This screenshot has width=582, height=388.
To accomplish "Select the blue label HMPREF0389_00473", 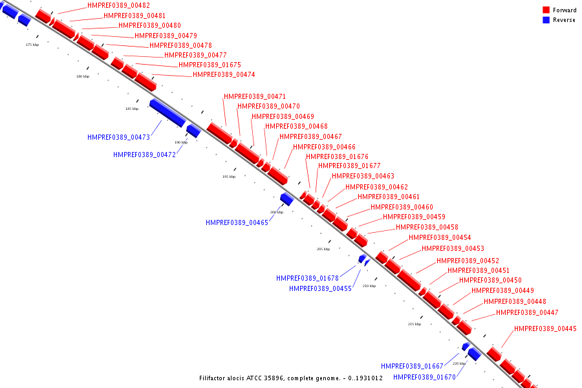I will tap(118, 137).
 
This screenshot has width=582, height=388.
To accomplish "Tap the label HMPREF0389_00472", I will tap(144, 155).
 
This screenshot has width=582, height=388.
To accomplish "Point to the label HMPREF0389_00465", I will tap(237, 222).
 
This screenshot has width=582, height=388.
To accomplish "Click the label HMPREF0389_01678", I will tap(307, 278).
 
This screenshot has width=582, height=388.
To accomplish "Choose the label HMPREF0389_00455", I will tap(320, 288).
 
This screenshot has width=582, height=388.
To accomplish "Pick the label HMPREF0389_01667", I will tap(412, 366).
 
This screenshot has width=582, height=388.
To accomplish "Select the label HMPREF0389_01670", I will tap(424, 377).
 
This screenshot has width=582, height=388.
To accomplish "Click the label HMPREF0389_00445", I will tap(545, 329).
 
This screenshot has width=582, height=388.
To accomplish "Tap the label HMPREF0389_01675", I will tap(210, 65).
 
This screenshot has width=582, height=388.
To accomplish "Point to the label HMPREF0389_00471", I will tap(255, 96).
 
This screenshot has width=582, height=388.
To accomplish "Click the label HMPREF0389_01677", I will tap(349, 166).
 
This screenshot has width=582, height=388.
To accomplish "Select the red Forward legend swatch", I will tap(546, 10).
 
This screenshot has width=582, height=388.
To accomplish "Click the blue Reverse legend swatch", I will tap(546, 20).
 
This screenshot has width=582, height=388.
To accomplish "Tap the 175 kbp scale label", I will tap(32, 45).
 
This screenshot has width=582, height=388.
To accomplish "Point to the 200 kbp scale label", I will tap(277, 212).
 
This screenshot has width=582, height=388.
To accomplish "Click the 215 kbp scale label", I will tap(415, 324).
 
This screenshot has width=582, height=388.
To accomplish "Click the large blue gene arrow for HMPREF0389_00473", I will tap(167, 112).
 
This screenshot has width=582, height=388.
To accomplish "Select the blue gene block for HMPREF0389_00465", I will tap(286, 199).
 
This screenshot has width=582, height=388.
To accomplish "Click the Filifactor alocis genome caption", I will tap(291, 378).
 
